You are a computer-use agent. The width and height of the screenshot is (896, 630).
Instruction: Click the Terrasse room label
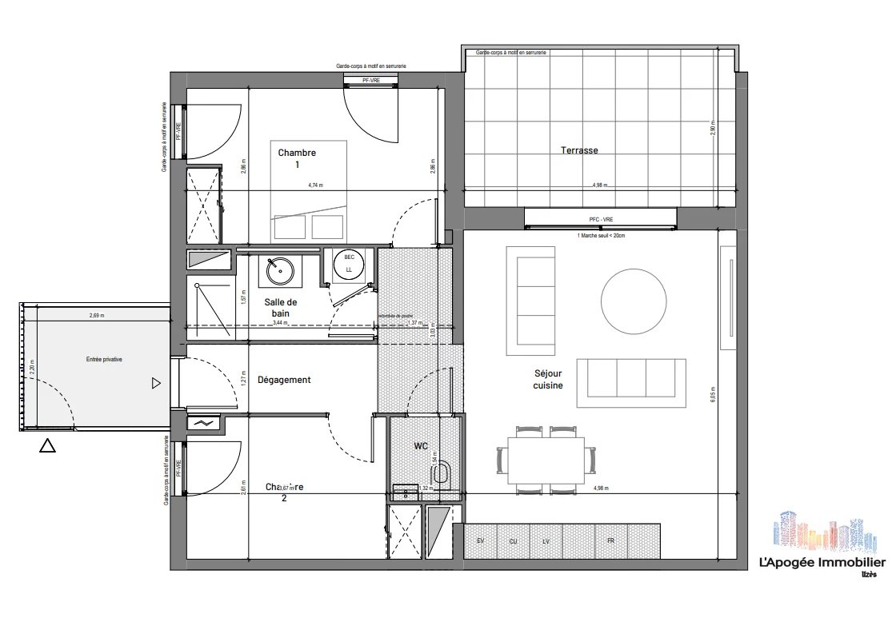[579, 150]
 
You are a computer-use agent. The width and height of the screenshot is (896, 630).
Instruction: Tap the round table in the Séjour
[634, 301]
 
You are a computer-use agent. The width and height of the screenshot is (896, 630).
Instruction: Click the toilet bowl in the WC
[446, 473]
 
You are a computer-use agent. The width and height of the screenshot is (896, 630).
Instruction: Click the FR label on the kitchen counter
[610, 541]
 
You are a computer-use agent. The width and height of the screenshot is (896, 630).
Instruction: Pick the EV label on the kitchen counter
[481, 541]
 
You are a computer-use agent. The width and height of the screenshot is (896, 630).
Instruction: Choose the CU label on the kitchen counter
[513, 541]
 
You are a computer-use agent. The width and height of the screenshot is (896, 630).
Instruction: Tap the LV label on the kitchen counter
[546, 541]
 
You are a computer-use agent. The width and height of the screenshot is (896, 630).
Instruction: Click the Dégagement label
[284, 380]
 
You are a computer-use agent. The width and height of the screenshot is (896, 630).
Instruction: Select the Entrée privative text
[104, 361]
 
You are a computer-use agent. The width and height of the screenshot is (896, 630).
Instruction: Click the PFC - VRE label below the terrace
[600, 218]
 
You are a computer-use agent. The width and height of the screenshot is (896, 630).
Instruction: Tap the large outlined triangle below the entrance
[47, 447]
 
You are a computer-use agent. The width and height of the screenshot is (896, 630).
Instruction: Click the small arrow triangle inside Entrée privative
[156, 384]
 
